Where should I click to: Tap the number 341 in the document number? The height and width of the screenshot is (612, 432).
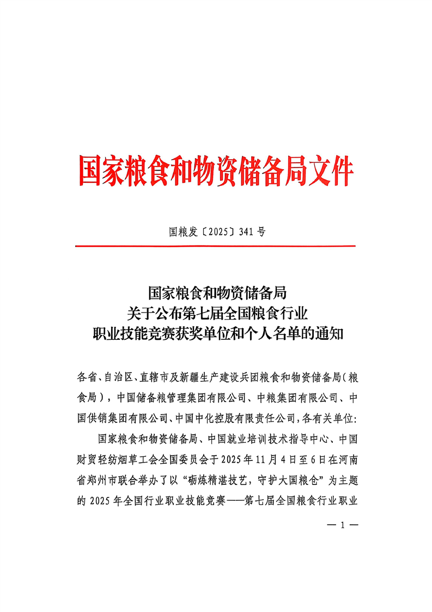(247, 232)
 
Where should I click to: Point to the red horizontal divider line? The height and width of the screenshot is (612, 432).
(215, 246)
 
